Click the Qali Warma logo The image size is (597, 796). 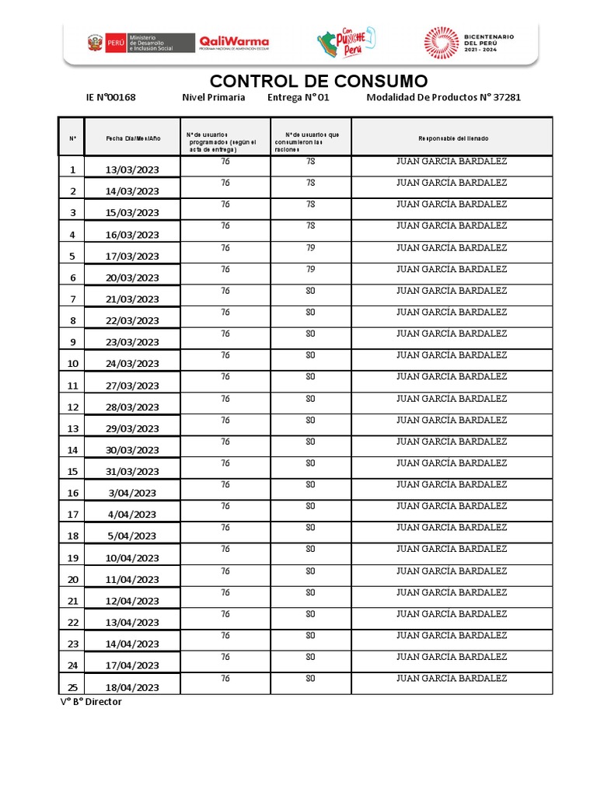[234, 42]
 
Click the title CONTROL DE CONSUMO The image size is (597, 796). [318, 81]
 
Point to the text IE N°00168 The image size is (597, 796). [110, 97]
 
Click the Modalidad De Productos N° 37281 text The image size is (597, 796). [443, 97]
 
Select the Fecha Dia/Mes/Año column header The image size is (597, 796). [133, 138]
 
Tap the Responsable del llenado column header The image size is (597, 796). [452, 138]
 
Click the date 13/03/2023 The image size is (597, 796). [132, 169]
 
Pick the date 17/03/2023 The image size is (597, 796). [132, 256]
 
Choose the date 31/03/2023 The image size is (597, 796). [132, 471]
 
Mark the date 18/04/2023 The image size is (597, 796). [132, 687]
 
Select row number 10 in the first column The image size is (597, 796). [73, 363]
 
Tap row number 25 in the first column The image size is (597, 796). [73, 687]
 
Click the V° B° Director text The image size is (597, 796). [91, 702]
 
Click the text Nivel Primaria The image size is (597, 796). [213, 97]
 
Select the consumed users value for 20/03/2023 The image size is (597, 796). [310, 269]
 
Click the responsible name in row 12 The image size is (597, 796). [452, 399]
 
